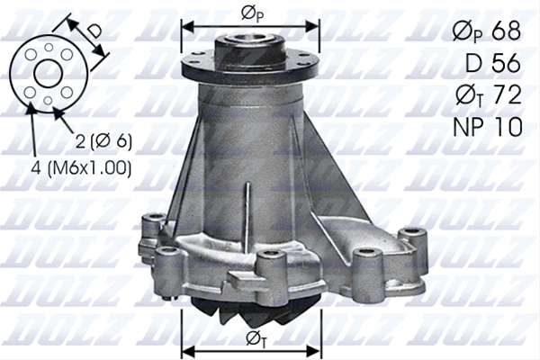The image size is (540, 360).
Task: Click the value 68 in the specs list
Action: click(506, 31)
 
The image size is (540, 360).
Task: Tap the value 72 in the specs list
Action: click(506, 94)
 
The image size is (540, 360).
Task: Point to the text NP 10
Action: click(488, 126)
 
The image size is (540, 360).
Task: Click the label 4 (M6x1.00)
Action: click(81, 168)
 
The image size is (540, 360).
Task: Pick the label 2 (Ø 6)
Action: click(103, 140)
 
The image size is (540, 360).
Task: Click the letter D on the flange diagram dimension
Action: click(94, 31)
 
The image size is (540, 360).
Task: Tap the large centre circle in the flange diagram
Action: click(49, 73)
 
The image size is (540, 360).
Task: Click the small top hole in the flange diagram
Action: click(49, 47)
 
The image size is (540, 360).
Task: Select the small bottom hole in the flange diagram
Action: click(49, 100)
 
